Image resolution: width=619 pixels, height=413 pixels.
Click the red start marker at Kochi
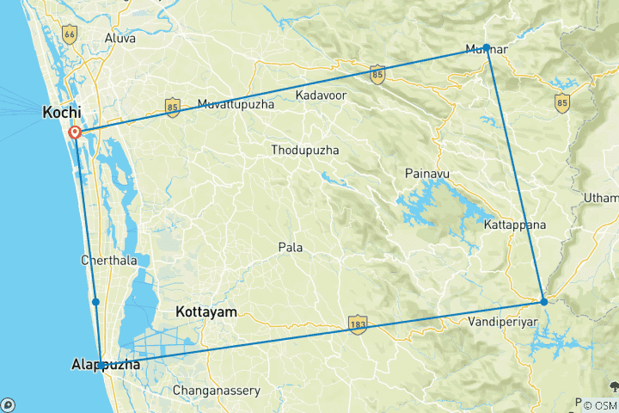(x=75, y=133)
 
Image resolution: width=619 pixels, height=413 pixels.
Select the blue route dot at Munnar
(x=486, y=47)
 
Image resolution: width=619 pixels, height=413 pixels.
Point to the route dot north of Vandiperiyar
(x=543, y=301)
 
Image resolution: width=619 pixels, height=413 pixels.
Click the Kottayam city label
(x=205, y=311)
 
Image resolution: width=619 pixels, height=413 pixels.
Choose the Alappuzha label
(x=104, y=367)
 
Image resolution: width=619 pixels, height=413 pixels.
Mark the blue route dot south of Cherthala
(x=95, y=302)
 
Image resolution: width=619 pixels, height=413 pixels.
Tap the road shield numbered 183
(x=359, y=324)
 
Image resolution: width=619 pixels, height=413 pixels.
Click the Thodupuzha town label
(x=304, y=151)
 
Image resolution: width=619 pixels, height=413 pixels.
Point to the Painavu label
(x=427, y=175)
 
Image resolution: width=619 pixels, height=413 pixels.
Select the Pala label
(x=290, y=247)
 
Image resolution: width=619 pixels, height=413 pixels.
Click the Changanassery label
(x=217, y=391)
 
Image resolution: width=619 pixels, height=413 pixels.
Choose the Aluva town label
(x=120, y=39)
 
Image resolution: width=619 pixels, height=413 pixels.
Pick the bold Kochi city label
(x=62, y=113)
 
